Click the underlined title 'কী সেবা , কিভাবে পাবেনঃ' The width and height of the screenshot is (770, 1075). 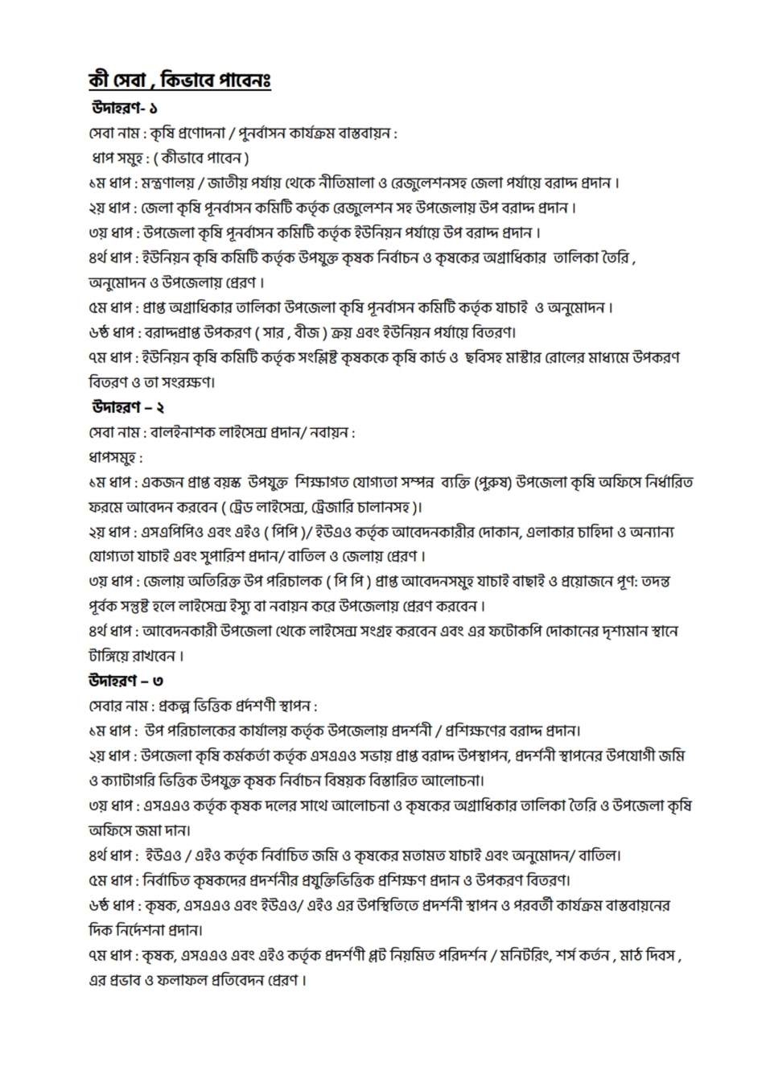coord(179,81)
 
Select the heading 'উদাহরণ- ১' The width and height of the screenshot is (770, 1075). coord(124,108)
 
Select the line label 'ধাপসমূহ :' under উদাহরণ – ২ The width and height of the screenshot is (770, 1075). coord(116,458)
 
